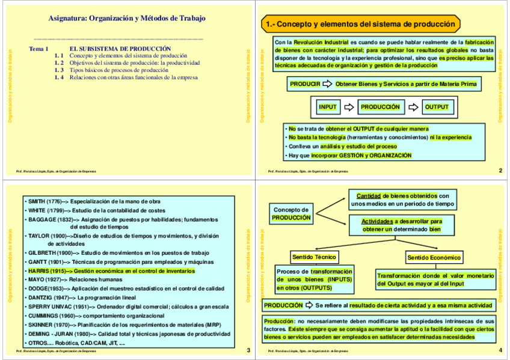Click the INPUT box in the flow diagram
328,107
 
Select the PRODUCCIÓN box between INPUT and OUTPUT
379,107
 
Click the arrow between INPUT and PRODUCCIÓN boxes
349,107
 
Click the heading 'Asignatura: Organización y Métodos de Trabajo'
127,19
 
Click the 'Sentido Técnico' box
314,257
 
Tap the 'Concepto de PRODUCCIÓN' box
291,213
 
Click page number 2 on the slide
500,171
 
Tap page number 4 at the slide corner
500,350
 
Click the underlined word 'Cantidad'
368,196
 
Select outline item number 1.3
58,70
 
